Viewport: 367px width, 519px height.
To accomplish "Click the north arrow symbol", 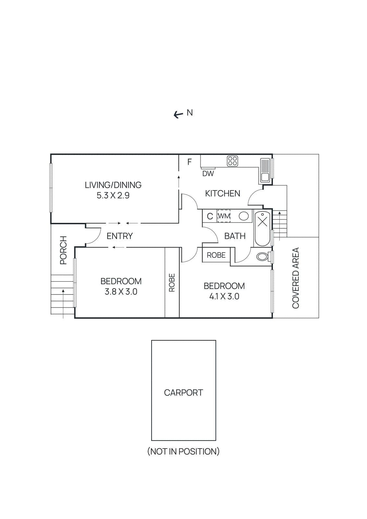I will click(x=178, y=115).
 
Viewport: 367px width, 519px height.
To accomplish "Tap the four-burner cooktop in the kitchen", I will click(x=232, y=161).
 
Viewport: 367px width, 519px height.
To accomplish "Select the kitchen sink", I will click(x=265, y=170).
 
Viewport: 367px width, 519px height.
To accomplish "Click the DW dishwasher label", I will click(x=208, y=174).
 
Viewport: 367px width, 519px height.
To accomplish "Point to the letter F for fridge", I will click(x=190, y=162).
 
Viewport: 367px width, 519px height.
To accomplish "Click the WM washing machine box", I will click(x=224, y=216).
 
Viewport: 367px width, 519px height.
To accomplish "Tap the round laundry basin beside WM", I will click(x=244, y=216).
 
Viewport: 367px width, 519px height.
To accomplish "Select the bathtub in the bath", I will click(x=262, y=228).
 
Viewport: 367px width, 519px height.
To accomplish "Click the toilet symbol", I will click(x=263, y=257).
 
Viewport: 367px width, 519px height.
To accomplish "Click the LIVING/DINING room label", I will click(x=113, y=185).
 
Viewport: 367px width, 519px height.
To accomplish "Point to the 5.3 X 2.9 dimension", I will click(x=113, y=195).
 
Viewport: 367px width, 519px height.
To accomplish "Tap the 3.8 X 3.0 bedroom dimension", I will click(x=121, y=292).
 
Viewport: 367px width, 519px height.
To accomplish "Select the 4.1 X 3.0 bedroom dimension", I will click(x=224, y=296).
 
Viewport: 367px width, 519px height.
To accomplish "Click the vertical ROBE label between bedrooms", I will click(x=172, y=283).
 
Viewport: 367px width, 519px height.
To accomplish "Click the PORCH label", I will click(x=63, y=250).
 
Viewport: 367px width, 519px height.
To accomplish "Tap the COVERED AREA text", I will click(x=296, y=278).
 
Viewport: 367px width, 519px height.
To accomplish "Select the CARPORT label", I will click(x=183, y=392).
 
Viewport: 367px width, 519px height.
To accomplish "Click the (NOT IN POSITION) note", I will click(x=183, y=451).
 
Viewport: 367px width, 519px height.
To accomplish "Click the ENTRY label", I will click(x=119, y=236).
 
